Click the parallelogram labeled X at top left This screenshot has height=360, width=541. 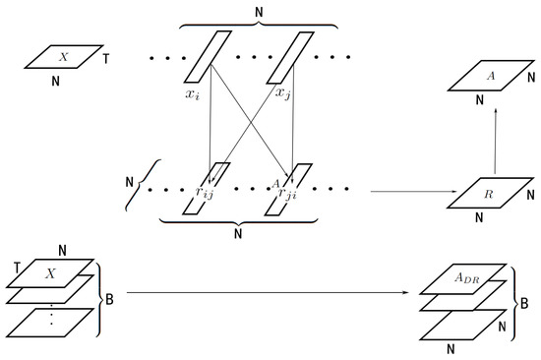(64, 57)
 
